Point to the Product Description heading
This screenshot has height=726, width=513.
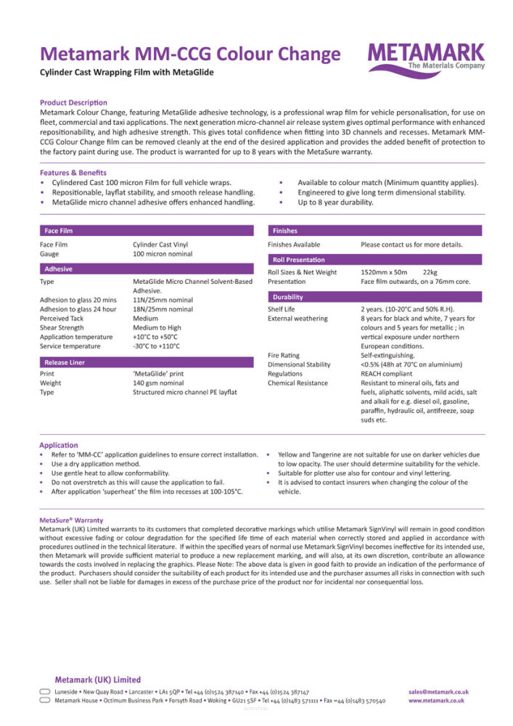click(73, 103)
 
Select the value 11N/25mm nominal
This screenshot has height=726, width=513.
click(163, 299)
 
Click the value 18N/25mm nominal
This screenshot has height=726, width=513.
click(163, 309)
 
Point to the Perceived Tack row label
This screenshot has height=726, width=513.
click(62, 318)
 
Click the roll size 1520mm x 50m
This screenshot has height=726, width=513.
click(384, 272)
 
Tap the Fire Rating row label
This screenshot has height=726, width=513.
click(284, 355)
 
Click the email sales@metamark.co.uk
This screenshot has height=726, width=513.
click(438, 692)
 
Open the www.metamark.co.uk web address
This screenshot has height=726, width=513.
click(436, 701)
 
